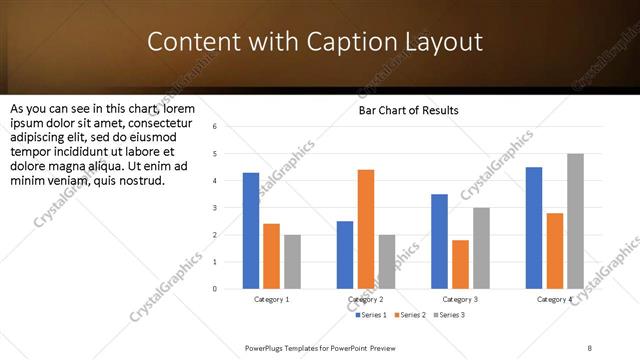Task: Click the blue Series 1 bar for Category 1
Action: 251,231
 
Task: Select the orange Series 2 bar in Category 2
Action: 366,229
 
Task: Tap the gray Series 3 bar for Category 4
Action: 575,221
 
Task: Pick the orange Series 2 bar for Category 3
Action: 460,264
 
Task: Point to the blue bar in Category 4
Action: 534,228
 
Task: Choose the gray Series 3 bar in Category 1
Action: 292,262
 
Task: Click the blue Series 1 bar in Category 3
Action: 439,241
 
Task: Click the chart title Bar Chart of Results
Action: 409,110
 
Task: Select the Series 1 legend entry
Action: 373,315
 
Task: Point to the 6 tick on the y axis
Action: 214,126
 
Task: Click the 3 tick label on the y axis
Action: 214,208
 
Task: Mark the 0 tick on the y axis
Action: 214,289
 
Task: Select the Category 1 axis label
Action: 271,299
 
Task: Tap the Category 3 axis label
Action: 460,299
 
